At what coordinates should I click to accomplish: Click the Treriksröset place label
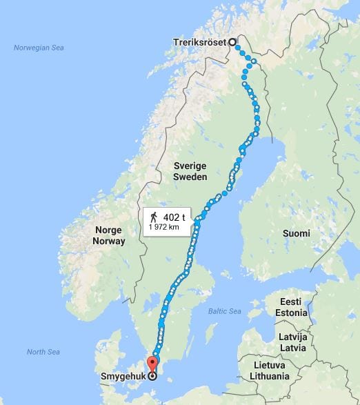click(200, 41)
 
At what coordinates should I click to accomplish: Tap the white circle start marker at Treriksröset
click(232, 41)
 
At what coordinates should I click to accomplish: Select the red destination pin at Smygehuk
click(152, 364)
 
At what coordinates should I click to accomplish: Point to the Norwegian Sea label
click(38, 47)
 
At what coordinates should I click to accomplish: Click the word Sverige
click(190, 166)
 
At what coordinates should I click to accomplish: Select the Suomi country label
click(296, 233)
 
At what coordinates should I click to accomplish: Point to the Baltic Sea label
click(226, 311)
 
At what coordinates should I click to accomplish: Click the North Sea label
click(44, 352)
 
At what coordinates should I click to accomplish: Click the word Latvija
click(292, 337)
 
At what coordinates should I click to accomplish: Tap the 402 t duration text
click(175, 217)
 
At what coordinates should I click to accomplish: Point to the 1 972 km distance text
click(164, 227)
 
